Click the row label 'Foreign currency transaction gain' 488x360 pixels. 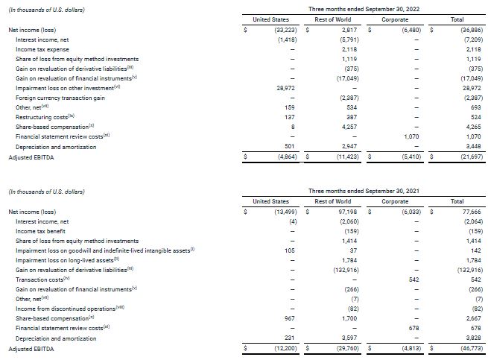pyautogui.click(x=60, y=98)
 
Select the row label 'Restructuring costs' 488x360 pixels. pyautogui.click(x=45, y=117)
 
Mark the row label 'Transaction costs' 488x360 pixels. pyautogui.click(x=38, y=280)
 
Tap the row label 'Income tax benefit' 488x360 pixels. pyautogui.click(x=43, y=231)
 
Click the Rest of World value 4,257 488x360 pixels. pyautogui.click(x=341, y=127)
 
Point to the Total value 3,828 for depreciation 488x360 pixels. pyautogui.click(x=472, y=338)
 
